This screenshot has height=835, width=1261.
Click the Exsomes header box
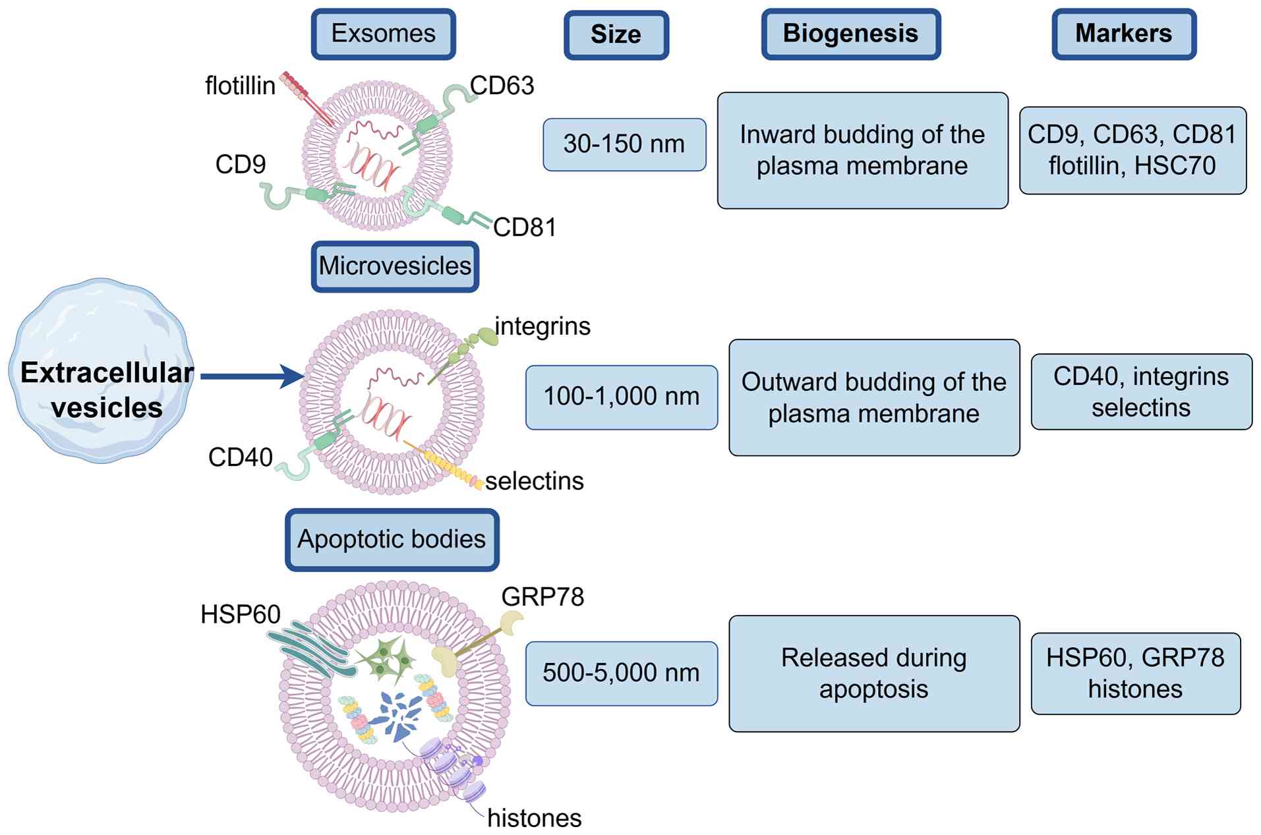click(x=383, y=34)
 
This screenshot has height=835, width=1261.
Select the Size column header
click(x=616, y=34)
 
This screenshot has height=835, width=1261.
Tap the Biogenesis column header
click(x=850, y=34)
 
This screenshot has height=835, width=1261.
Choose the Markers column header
click(x=1123, y=34)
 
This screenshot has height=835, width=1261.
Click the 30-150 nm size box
click(x=624, y=144)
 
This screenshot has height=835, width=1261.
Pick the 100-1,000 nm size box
click(x=621, y=397)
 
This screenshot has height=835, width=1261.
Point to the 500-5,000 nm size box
click(x=621, y=673)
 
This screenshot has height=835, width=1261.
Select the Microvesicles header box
click(x=395, y=266)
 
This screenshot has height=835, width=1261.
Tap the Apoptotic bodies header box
click(x=392, y=539)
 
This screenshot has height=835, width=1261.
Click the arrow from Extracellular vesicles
click(x=250, y=376)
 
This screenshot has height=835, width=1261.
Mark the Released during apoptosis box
click(x=873, y=673)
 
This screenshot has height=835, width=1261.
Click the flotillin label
click(x=240, y=86)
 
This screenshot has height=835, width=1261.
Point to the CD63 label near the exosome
click(x=502, y=86)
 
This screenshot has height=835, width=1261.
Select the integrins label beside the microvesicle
click(x=543, y=326)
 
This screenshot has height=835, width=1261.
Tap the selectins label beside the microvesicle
click(x=535, y=481)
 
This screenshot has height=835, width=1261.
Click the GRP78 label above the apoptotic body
click(x=543, y=597)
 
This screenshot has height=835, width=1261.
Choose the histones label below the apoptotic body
click(x=535, y=819)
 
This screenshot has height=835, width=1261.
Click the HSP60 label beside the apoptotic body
click(x=241, y=614)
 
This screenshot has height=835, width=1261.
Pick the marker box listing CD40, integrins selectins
click(x=1140, y=391)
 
